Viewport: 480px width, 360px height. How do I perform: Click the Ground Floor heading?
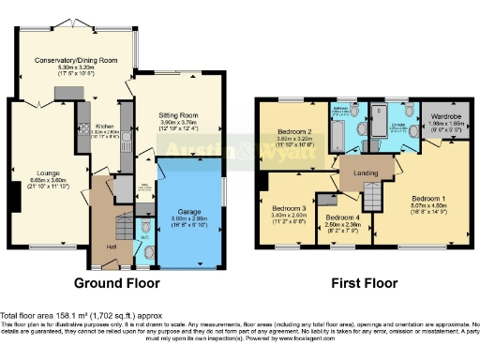coord(116,282)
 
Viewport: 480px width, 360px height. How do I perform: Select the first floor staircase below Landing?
coord(374,198)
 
